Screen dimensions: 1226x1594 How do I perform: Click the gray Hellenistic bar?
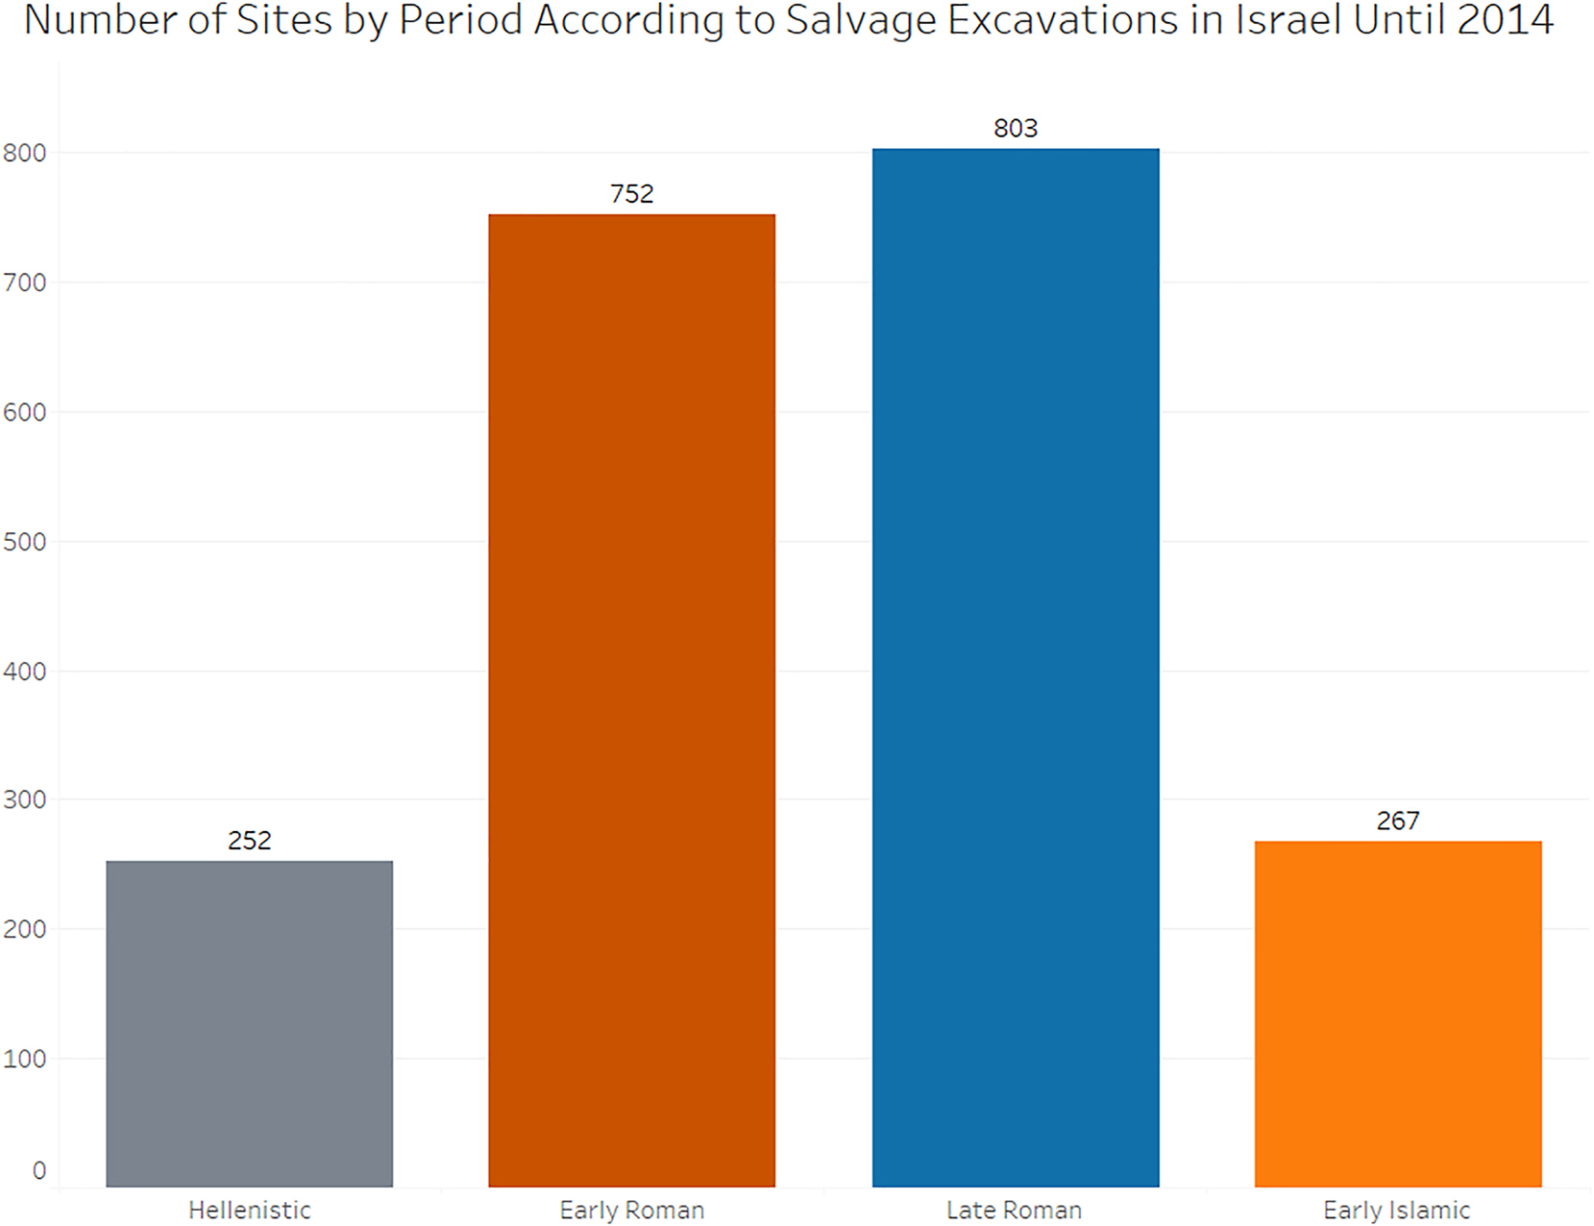point(249,1023)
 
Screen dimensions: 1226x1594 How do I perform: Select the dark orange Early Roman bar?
point(631,700)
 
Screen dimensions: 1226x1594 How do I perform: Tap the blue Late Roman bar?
point(1016,668)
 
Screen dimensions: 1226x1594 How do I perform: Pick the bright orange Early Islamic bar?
point(1398,1014)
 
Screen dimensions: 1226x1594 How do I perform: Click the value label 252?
point(250,841)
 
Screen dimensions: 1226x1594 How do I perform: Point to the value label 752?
point(632,194)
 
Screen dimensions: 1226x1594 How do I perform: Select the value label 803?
point(1016,129)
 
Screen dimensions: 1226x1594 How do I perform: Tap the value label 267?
point(1398,821)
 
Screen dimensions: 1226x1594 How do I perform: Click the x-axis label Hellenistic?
point(250,1211)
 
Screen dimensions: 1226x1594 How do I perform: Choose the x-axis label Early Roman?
point(632,1211)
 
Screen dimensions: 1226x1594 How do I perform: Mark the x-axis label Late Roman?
point(1015,1211)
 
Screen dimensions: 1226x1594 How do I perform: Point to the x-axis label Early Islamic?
point(1396,1211)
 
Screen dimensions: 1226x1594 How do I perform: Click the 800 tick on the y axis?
point(25,154)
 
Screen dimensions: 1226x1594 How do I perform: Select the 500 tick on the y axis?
point(25,542)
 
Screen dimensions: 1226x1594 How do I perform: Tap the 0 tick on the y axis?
point(38,1171)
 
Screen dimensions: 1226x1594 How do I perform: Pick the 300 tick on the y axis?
point(25,800)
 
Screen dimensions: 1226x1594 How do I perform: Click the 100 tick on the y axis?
point(25,1060)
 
